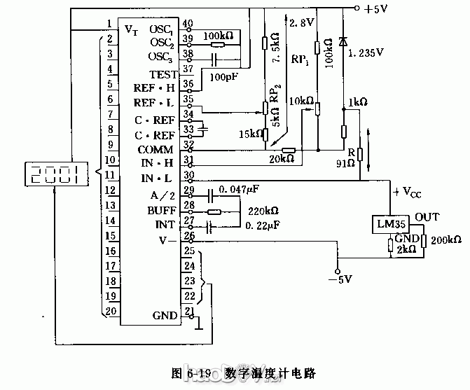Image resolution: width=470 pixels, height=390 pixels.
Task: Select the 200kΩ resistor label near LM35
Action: click(446, 240)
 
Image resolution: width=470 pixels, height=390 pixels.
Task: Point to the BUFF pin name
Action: click(161, 209)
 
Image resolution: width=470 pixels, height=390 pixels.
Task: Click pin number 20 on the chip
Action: click(110, 310)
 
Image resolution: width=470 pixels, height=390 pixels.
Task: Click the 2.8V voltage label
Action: click(299, 22)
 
